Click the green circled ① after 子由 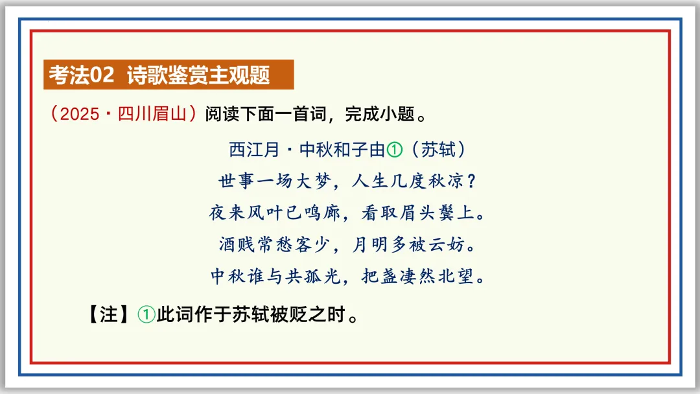pos(394,150)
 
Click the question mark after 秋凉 pos(472,181)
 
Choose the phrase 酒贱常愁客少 pos(276,245)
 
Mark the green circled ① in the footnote pos(146,316)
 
